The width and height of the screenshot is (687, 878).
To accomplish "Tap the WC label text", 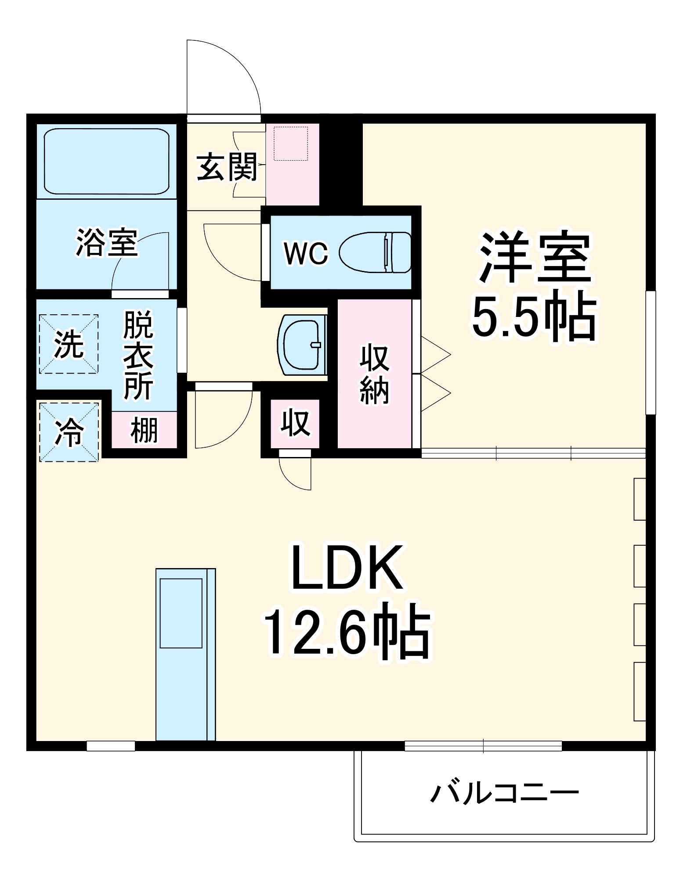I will (306, 253).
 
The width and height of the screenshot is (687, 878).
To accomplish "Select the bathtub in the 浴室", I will (106, 161).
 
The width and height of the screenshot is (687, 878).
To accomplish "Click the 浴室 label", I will (107, 242).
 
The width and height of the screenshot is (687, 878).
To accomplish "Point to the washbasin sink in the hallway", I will (303, 345).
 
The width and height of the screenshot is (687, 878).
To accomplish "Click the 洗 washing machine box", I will (69, 344).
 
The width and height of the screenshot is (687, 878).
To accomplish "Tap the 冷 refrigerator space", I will (69, 432).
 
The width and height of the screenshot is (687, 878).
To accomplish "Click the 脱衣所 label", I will (138, 356).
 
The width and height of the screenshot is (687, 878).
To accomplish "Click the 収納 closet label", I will (374, 374).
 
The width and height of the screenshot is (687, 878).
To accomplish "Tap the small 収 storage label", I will (295, 423).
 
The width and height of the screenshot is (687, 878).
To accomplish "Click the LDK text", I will (347, 568).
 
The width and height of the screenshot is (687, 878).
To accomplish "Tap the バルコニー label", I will (504, 793).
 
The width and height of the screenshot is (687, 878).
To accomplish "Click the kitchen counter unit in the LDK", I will (185, 654).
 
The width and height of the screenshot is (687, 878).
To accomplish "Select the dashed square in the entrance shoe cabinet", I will (291, 144).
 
